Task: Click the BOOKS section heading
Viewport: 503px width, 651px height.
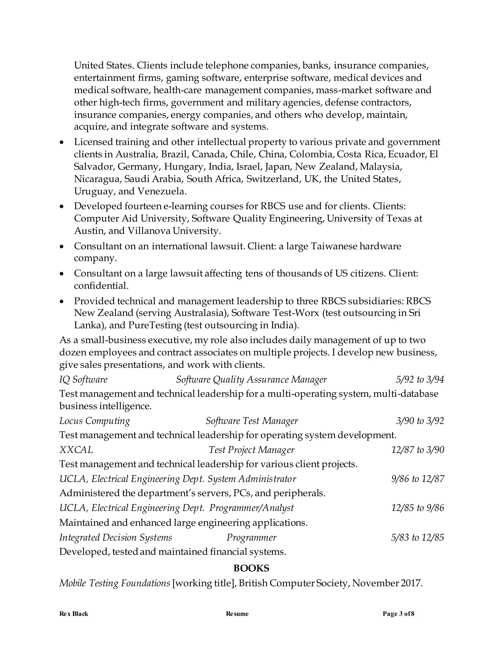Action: [x=251, y=568]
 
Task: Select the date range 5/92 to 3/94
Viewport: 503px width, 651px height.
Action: [x=420, y=380]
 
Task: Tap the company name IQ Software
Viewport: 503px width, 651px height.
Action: [x=84, y=380]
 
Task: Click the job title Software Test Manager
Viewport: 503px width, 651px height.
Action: [x=251, y=421]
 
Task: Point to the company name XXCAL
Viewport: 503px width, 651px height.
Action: [x=76, y=450]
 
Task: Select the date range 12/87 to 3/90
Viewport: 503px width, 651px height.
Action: [x=418, y=450]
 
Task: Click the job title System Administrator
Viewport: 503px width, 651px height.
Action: [x=252, y=479]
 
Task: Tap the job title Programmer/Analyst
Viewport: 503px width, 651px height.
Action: [x=251, y=508]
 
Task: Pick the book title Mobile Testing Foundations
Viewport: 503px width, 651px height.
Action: [x=115, y=583]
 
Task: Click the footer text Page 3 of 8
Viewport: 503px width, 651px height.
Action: [x=398, y=614]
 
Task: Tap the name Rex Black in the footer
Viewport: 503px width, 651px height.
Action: [x=74, y=614]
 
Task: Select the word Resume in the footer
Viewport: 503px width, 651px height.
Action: [x=237, y=614]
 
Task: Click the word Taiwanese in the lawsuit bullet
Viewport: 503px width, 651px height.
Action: [x=334, y=246]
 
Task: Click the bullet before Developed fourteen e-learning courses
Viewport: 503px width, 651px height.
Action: [x=62, y=206]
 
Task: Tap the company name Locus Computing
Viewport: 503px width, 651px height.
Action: [x=95, y=421]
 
